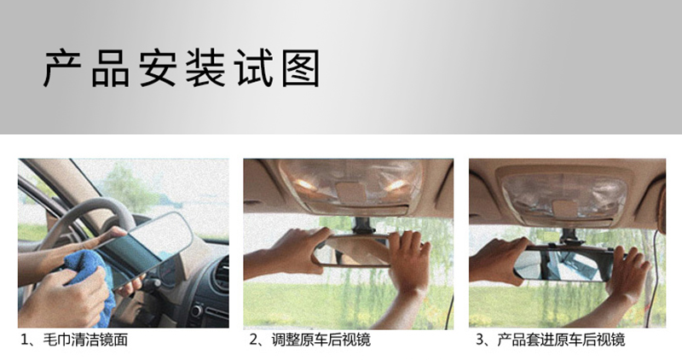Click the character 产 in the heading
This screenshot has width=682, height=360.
tap(62, 68)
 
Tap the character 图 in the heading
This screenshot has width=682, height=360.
tap(301, 68)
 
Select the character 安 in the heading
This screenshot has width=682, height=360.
tap(158, 68)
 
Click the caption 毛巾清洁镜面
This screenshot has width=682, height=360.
tap(85, 340)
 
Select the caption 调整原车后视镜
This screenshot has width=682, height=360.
tap(321, 340)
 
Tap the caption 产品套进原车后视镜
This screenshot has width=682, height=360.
tap(561, 340)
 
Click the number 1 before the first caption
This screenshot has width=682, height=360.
tap(26, 340)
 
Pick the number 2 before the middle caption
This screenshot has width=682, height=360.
tap(253, 340)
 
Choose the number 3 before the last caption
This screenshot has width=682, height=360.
tap(480, 340)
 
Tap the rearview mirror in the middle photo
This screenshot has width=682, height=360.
tap(353, 250)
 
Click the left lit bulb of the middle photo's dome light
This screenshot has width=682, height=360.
tap(306, 184)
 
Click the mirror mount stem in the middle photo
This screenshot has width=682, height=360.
tap(361, 225)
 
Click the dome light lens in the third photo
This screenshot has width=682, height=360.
tap(564, 195)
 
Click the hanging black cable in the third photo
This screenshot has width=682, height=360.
tap(653, 279)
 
